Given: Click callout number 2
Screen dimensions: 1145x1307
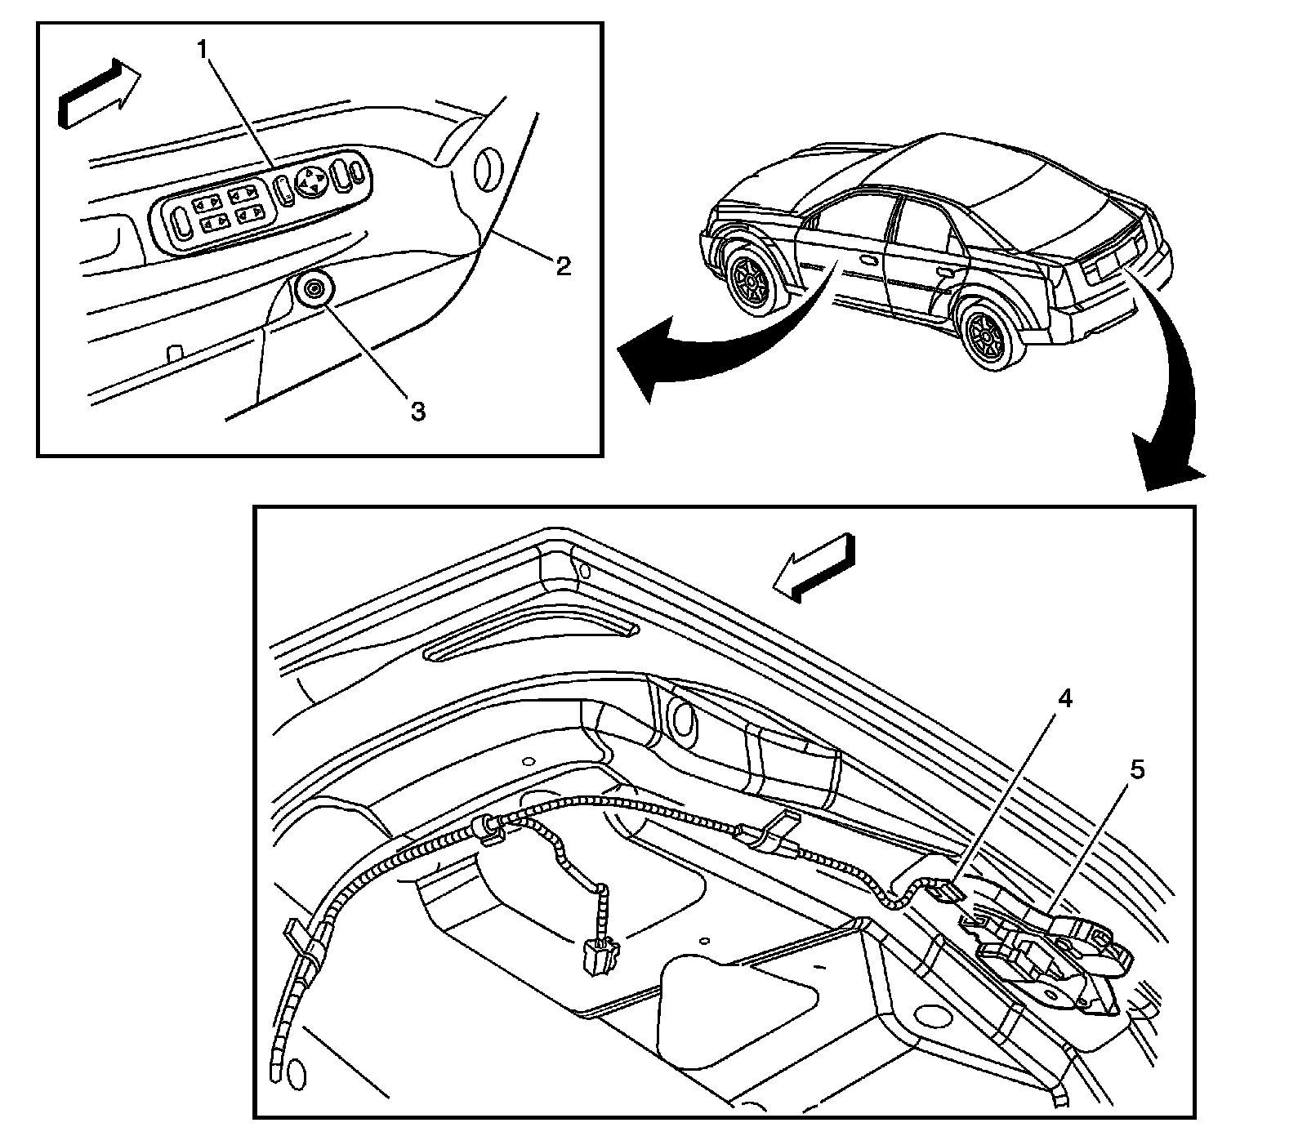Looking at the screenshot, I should pos(563,265).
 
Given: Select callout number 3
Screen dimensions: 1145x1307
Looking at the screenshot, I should pos(417,411).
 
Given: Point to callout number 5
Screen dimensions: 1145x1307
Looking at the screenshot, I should pos(1136,769).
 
